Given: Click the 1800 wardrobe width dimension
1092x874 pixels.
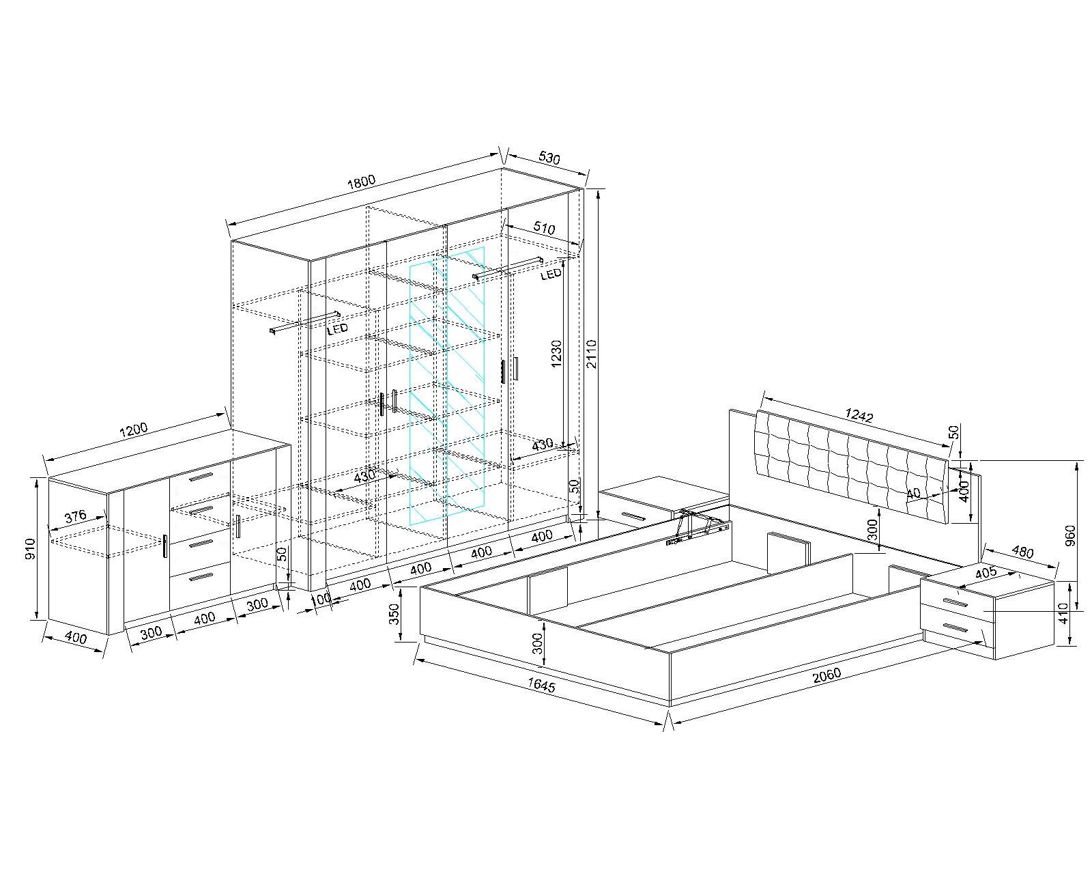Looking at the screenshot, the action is [361, 182].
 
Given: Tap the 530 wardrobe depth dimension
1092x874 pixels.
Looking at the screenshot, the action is [549, 158].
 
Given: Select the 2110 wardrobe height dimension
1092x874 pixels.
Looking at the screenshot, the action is [592, 354].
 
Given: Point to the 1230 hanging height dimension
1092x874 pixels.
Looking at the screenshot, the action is [557, 354].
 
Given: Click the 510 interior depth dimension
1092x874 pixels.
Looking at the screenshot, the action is [544, 228].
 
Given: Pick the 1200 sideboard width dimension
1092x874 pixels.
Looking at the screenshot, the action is [134, 430].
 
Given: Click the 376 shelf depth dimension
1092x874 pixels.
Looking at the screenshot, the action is [76, 516].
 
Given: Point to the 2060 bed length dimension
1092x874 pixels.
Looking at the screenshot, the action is [827, 675].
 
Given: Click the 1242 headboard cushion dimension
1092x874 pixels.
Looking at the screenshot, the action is [859, 415].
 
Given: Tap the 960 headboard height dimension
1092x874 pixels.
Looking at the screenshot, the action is [1071, 535].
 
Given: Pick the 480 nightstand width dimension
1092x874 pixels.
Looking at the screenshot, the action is [1022, 552].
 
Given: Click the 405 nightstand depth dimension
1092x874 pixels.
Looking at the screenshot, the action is [986, 573].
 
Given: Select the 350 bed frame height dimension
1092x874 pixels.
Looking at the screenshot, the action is [394, 614].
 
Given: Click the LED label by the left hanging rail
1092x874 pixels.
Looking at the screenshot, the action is [337, 329].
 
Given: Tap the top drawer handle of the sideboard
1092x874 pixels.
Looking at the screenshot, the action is [201, 477].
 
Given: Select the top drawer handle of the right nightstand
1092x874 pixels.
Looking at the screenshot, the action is [956, 603].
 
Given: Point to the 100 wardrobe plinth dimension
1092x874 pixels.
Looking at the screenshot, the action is [321, 600].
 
